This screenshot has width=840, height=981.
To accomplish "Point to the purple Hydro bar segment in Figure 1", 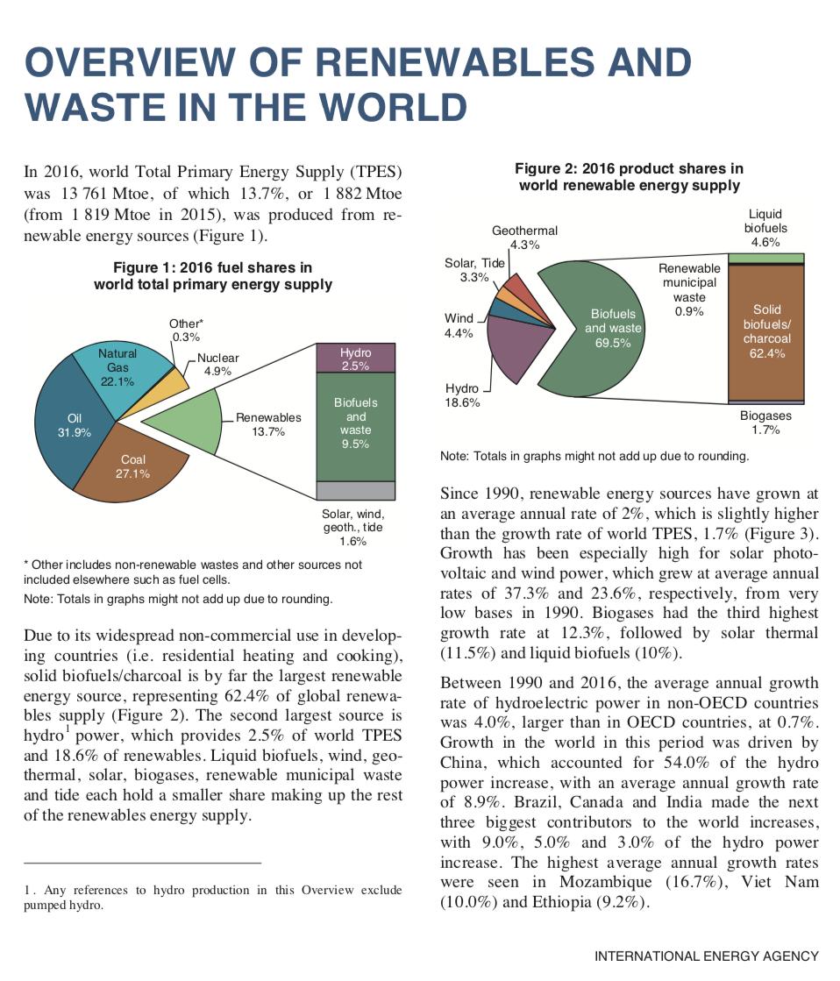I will click(355, 359).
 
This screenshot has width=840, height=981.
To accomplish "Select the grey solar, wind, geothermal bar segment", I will click(355, 490).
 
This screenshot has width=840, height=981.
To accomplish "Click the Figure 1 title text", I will click(212, 275).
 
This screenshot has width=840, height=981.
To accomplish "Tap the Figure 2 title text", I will click(629, 176).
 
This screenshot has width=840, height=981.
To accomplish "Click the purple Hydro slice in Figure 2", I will click(517, 355).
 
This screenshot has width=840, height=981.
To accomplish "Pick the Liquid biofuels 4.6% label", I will click(765, 228).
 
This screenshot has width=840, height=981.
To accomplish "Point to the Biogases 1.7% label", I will click(765, 423).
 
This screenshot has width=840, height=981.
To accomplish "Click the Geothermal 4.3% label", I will click(524, 238).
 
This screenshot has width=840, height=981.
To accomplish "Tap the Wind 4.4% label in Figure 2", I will click(459, 325).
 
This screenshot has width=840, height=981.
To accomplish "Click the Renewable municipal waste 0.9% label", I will click(689, 289).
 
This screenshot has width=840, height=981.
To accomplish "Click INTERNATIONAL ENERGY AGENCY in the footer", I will click(706, 956).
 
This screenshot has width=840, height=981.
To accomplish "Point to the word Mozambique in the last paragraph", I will click(606, 881).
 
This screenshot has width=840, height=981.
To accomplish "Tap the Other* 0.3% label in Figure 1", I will click(185, 330).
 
